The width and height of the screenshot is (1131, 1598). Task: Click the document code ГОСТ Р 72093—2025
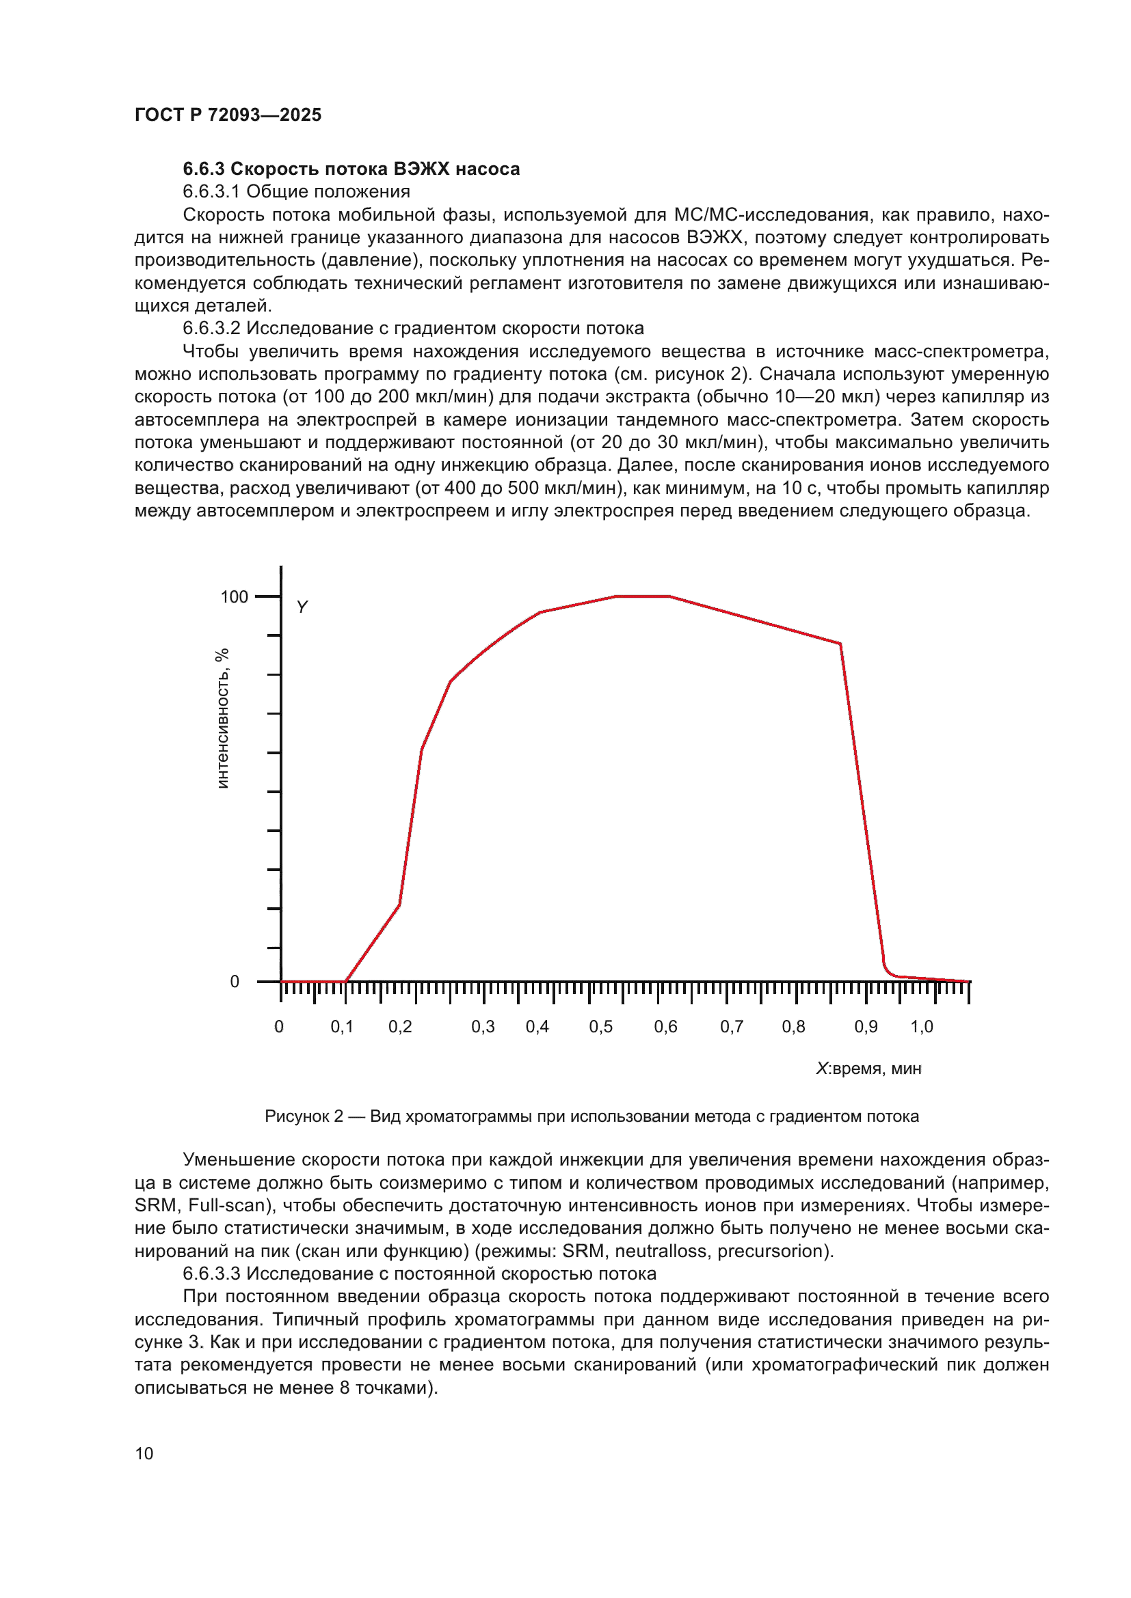click(228, 115)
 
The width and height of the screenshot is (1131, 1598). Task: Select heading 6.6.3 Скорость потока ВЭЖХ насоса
click(351, 169)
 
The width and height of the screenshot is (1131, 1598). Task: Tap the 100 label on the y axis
click(234, 597)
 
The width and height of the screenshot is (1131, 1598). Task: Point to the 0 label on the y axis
click(235, 981)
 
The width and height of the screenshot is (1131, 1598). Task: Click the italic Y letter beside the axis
click(302, 607)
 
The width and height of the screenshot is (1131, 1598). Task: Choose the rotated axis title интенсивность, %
click(222, 718)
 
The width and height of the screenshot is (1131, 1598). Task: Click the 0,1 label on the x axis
click(342, 1027)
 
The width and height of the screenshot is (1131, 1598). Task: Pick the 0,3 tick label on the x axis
click(483, 1027)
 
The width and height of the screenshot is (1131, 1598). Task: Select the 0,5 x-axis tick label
click(601, 1027)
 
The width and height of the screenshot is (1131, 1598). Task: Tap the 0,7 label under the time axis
click(732, 1027)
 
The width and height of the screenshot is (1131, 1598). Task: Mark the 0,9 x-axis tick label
click(866, 1027)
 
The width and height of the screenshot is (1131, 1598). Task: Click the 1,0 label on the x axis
click(922, 1027)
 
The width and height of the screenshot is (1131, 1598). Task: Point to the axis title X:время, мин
click(868, 1069)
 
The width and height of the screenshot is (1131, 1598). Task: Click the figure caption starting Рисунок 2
click(591, 1116)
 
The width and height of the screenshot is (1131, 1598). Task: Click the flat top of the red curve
click(642, 596)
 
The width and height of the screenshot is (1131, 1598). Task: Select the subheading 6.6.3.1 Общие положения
click(296, 191)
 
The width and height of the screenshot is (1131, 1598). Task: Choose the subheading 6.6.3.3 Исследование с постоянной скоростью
click(419, 1273)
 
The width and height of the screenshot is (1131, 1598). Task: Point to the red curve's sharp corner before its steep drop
click(840, 644)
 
